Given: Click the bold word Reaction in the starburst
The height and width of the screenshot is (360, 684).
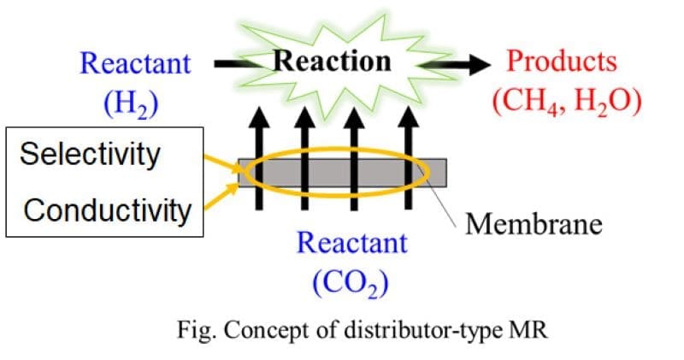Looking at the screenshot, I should coord(332,62).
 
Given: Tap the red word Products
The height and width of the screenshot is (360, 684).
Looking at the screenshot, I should coord(562,61).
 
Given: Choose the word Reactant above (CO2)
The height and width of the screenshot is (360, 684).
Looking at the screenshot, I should coord(352,243).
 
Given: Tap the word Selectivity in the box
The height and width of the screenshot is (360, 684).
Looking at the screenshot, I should coord(90,155).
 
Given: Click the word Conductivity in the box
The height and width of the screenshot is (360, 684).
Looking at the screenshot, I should coord(106,210).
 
